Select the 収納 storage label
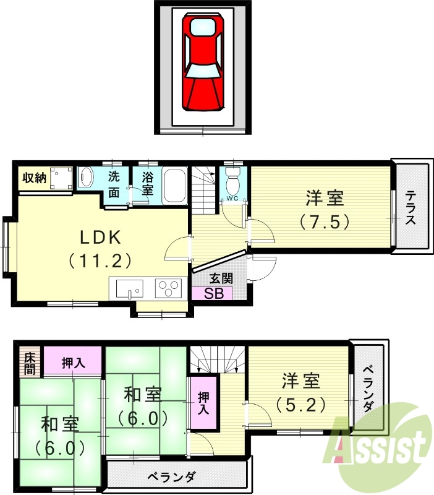[34, 178]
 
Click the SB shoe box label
[211, 293]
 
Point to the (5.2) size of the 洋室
[300, 404]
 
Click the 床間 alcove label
[29, 363]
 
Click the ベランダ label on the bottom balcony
[171, 477]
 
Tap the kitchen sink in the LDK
[127, 287]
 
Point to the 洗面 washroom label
[114, 184]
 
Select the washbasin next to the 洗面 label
[86, 178]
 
